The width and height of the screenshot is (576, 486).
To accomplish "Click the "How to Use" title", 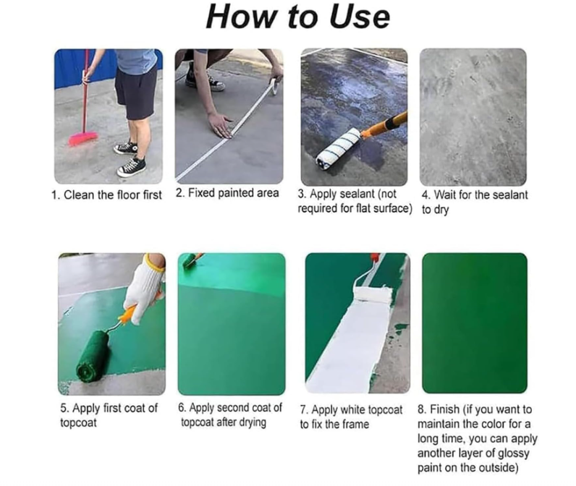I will [x=297, y=17].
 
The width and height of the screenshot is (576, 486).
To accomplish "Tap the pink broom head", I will [x=83, y=137].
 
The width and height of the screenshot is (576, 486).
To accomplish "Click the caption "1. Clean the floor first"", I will [x=106, y=195].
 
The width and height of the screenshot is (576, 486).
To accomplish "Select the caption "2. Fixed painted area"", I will [x=227, y=194].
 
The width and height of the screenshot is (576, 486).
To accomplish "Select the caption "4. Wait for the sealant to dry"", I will [x=474, y=202].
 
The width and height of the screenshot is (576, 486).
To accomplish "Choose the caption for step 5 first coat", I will [x=109, y=415].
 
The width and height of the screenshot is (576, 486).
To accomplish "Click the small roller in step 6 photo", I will [x=191, y=261].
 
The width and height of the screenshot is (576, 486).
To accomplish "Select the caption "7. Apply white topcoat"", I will [x=351, y=409].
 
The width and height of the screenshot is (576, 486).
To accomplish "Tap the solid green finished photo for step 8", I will [x=474, y=322].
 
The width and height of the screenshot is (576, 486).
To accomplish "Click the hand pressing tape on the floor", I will [x=220, y=122].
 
